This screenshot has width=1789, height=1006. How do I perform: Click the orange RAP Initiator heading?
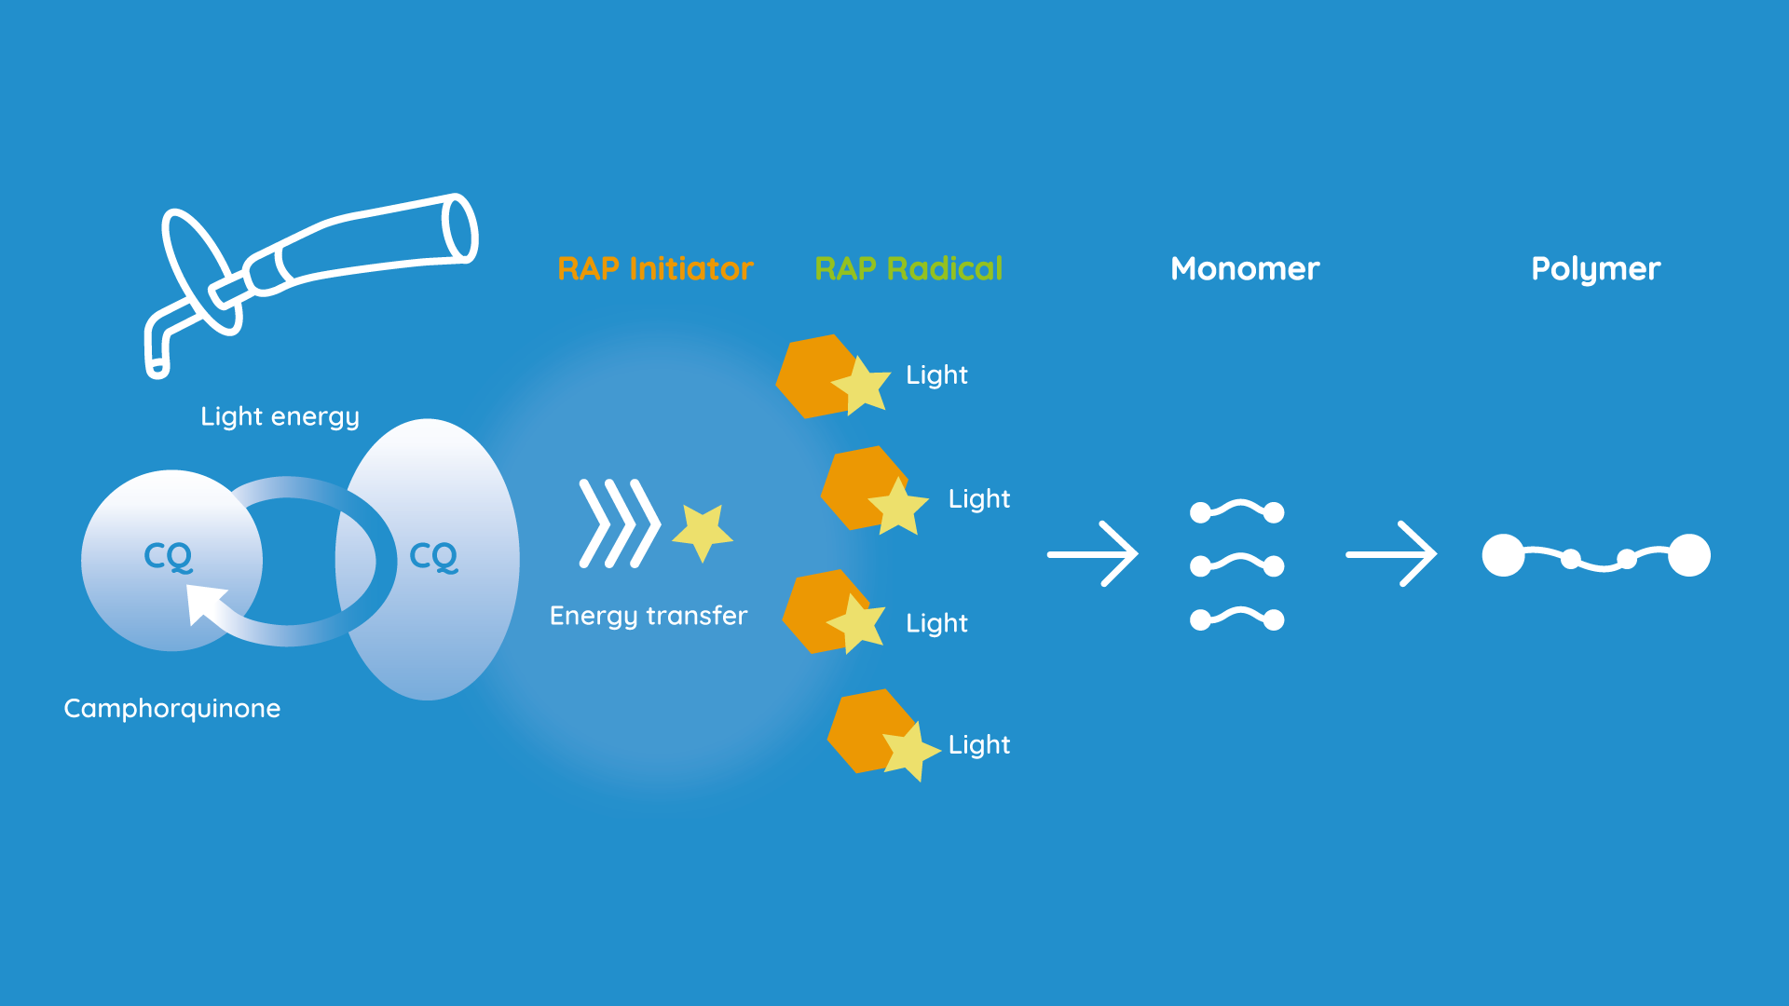click(655, 269)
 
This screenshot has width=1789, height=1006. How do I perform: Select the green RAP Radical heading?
click(908, 269)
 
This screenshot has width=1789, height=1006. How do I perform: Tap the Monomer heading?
click(1245, 269)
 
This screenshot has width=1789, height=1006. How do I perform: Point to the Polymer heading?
click(1595, 270)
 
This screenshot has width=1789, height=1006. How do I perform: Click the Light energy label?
click(280, 416)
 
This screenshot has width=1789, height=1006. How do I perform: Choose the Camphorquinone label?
click(172, 709)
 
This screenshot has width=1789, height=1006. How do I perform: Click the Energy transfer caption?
click(649, 616)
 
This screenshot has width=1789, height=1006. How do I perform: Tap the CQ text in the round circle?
click(169, 556)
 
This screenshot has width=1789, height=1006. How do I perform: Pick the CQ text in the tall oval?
click(434, 557)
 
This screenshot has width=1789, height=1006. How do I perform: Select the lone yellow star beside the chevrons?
click(703, 532)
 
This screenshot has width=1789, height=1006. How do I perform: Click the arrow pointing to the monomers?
click(1092, 554)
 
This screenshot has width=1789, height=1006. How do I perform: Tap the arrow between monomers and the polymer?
click(1391, 554)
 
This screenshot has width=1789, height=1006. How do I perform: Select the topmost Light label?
click(936, 375)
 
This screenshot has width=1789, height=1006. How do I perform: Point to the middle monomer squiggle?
click(1236, 564)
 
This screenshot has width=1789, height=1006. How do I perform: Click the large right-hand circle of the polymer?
click(1688, 555)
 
